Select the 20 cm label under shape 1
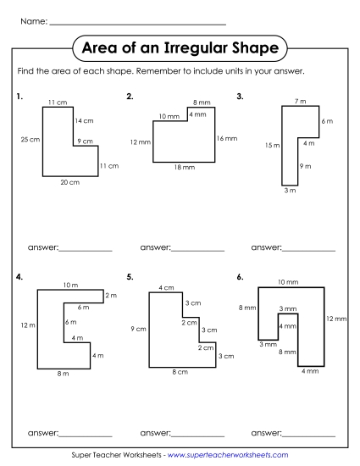(69, 181)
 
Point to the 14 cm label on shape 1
(84, 121)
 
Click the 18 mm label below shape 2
(184, 168)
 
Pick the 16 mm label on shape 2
(226, 137)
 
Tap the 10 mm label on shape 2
(169, 115)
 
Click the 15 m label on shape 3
(272, 145)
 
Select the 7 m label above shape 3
(301, 102)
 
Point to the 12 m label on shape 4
(28, 325)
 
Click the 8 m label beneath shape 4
(63, 374)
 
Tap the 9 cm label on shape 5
(138, 328)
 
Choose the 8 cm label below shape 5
(180, 372)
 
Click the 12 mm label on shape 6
(335, 319)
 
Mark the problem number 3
(241, 97)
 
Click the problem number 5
(130, 276)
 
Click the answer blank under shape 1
(86, 250)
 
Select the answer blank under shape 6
(308, 434)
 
